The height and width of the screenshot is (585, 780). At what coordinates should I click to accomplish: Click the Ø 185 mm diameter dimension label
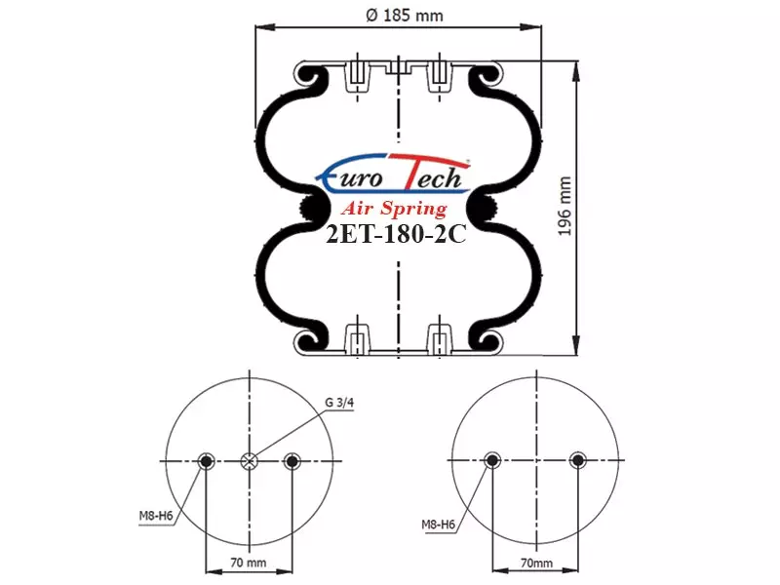404,16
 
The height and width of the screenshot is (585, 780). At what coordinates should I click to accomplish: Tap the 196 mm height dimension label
565,206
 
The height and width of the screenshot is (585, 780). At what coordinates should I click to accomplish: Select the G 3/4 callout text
339,403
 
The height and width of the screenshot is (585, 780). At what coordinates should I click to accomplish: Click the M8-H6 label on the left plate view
156,516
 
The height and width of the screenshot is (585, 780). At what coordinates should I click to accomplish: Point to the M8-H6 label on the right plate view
438,525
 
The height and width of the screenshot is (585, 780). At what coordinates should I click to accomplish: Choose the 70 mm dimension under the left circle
249,563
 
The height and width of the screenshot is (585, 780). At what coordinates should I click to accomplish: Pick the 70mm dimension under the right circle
536,564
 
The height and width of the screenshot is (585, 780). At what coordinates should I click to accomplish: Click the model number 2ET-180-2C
396,234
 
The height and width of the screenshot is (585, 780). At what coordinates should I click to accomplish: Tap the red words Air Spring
394,208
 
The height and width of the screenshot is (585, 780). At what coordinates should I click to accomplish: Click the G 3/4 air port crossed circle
249,461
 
